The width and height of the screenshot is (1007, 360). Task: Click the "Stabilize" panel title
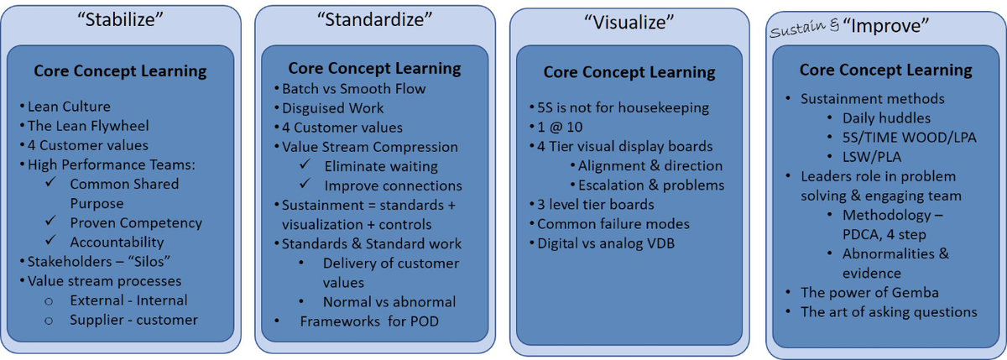[120, 20]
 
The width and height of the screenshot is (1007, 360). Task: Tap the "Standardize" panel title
[374, 19]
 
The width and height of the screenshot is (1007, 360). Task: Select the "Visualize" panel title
[629, 22]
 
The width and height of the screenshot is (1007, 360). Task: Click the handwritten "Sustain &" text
[805, 29]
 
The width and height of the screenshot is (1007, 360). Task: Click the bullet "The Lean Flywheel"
[88, 126]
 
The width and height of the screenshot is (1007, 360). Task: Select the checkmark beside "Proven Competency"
[51, 221]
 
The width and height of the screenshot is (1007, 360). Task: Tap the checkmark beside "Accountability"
[51, 240]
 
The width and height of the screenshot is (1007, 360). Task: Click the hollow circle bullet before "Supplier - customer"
[49, 321]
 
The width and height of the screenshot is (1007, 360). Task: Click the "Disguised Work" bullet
[332, 108]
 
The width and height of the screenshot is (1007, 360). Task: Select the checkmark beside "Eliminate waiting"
[305, 164]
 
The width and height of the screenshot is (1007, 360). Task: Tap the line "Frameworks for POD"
[369, 321]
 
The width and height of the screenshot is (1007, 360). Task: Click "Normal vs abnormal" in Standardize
[389, 302]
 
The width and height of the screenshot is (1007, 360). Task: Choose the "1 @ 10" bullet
[560, 128]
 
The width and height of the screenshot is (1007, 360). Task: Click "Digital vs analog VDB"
[606, 243]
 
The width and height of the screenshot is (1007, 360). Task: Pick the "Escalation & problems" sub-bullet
[651, 185]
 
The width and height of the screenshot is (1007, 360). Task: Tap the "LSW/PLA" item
[872, 157]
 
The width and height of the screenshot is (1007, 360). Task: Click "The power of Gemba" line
[869, 293]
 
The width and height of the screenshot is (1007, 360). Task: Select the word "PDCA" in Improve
[862, 235]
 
